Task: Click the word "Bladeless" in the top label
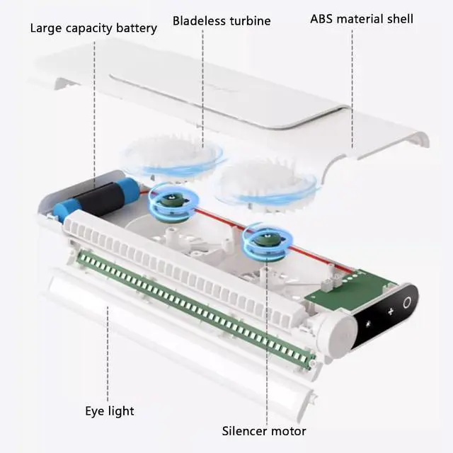(x=198, y=21)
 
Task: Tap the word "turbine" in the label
(x=248, y=21)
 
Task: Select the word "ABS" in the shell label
(x=323, y=18)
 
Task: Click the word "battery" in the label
(x=135, y=29)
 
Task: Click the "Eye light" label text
(x=110, y=411)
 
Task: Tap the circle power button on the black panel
(x=407, y=302)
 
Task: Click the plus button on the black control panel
(x=390, y=311)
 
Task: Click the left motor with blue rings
(x=170, y=202)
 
